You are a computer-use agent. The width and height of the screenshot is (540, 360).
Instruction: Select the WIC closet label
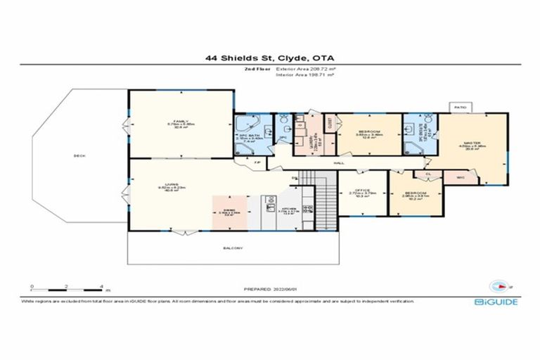click(x=461, y=177)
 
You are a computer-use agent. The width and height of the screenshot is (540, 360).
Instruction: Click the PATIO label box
click(x=460, y=107)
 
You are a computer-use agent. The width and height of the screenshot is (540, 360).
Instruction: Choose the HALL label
click(x=338, y=162)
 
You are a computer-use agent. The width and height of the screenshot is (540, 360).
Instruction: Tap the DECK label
click(x=79, y=156)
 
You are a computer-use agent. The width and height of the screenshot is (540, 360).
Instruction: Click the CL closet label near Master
click(x=427, y=172)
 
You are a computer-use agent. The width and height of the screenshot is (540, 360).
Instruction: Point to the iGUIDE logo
click(x=496, y=301)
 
